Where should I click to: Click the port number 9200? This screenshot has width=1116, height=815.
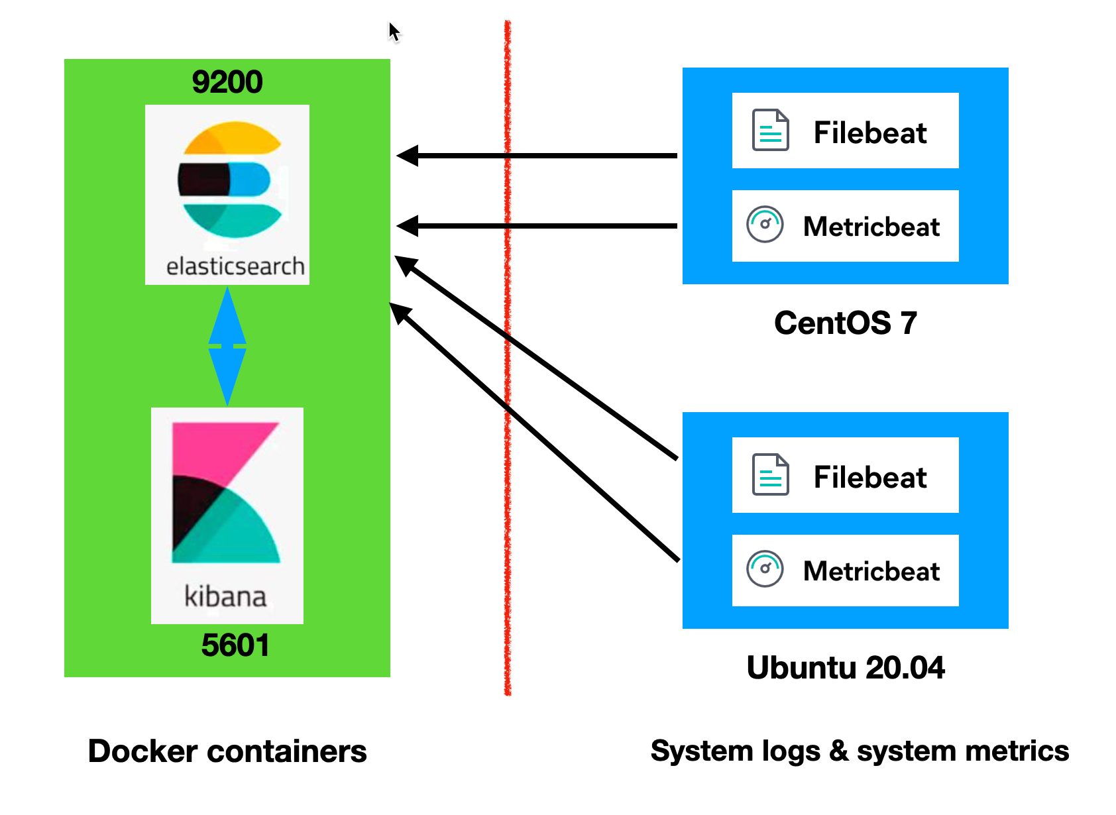pyautogui.click(x=227, y=82)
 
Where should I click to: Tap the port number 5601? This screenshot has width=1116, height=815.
pyautogui.click(x=235, y=645)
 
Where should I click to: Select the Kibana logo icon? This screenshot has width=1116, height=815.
pyautogui.click(x=225, y=493)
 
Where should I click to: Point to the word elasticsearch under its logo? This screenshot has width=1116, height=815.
pyautogui.click(x=235, y=266)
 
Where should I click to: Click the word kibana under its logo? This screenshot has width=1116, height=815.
pyautogui.click(x=225, y=596)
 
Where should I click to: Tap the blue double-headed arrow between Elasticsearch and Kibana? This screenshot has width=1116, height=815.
pyautogui.click(x=227, y=346)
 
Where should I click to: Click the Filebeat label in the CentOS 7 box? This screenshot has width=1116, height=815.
pyautogui.click(x=869, y=133)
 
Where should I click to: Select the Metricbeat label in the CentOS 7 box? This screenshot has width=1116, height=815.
pyautogui.click(x=871, y=227)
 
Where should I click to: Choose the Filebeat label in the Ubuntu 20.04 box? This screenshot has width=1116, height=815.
pyautogui.click(x=869, y=477)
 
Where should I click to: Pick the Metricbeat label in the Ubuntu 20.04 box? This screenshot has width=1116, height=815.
pyautogui.click(x=871, y=571)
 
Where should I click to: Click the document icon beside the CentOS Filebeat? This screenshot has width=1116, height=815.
pyautogui.click(x=770, y=130)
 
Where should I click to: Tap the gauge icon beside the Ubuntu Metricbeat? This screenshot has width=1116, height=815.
pyautogui.click(x=765, y=569)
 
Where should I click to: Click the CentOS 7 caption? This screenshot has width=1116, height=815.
pyautogui.click(x=845, y=323)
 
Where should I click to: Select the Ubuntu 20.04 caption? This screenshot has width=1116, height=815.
pyautogui.click(x=845, y=667)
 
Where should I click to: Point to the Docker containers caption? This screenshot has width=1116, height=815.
pyautogui.click(x=227, y=751)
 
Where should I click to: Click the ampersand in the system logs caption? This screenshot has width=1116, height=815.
pyautogui.click(x=838, y=751)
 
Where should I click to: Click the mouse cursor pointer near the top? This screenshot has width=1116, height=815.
pyautogui.click(x=394, y=31)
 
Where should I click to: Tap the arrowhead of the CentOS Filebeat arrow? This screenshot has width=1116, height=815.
pyautogui.click(x=407, y=156)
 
